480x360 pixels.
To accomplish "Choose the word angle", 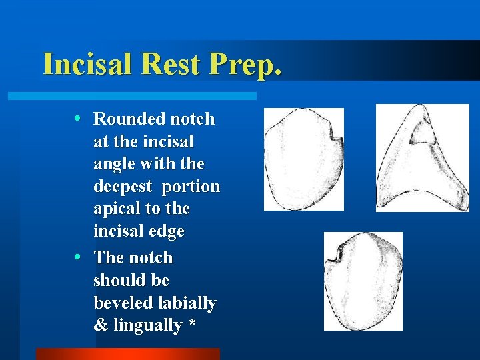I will point(113,165).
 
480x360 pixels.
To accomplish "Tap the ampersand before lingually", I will point(101,326).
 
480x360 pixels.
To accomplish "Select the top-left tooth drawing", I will point(304,160).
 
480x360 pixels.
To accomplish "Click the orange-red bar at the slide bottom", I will point(127,353).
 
